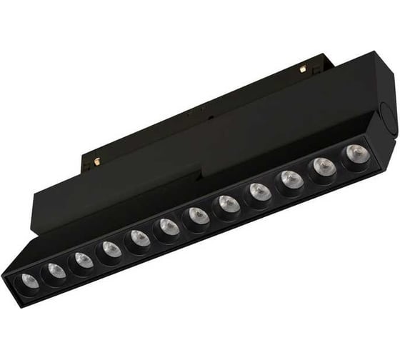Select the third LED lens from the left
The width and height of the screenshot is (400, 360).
81,259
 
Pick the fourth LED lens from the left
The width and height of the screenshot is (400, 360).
110,249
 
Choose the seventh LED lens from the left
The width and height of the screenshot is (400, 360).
197,216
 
